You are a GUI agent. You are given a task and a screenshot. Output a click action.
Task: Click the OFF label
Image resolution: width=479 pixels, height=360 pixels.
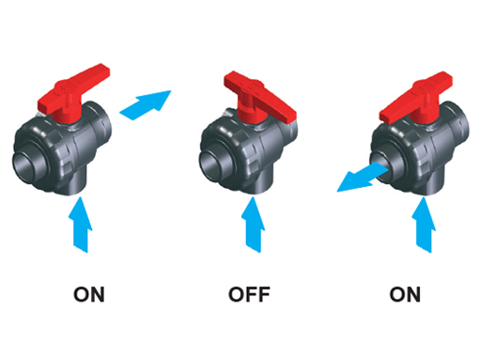(249, 294)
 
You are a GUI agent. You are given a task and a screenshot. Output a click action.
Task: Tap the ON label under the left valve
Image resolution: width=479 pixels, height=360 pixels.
(89, 294)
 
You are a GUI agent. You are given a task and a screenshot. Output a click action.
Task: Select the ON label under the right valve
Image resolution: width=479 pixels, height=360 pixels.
(405, 294)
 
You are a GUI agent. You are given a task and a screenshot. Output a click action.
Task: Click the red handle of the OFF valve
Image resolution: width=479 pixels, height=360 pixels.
(258, 98)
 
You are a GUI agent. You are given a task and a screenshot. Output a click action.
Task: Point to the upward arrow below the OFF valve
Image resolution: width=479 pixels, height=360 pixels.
(253, 225)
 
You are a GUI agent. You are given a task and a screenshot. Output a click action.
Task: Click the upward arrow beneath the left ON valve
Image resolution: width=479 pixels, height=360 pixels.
(80, 225)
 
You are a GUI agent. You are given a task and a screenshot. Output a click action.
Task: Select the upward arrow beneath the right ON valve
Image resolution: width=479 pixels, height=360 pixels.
(424, 225)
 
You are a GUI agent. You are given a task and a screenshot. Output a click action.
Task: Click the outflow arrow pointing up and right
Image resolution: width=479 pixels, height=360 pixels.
(146, 105)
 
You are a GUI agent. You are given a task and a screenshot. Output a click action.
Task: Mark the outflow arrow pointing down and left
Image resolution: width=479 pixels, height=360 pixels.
(363, 178)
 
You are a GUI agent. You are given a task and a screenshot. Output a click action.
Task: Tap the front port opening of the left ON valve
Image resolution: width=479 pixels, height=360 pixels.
(26, 165)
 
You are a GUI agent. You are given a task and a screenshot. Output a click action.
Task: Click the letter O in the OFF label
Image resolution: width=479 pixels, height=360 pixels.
(236, 294)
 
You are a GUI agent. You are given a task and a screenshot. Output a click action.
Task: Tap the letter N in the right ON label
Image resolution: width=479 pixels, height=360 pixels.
(413, 294)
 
